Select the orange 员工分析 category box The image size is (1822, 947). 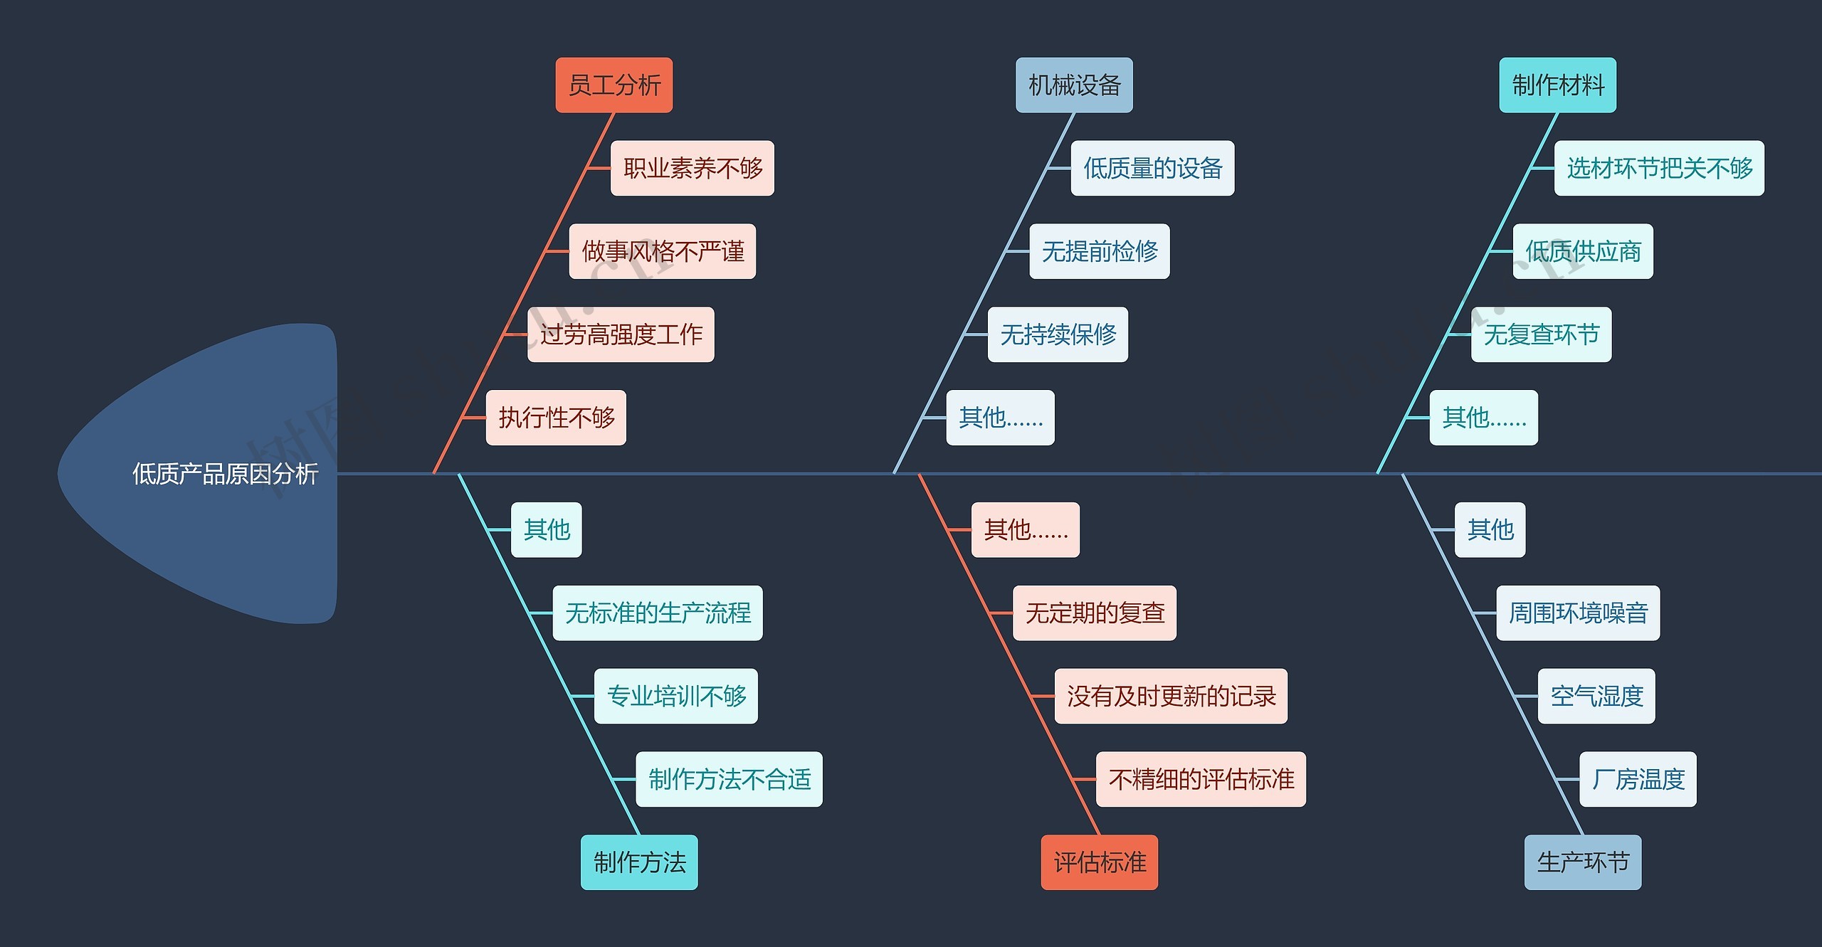pyautogui.click(x=614, y=85)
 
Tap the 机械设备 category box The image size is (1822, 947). pyautogui.click(x=1074, y=85)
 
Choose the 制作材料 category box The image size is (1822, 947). pyautogui.click(x=1557, y=85)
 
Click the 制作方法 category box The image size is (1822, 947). pyautogui.click(x=639, y=862)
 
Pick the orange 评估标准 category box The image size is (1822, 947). pyautogui.click(x=1099, y=862)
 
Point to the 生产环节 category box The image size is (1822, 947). pyautogui.click(x=1582, y=862)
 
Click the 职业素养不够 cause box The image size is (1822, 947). pyautogui.click(x=692, y=169)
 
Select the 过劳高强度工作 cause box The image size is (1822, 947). pyautogui.click(x=621, y=334)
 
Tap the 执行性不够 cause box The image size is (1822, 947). pyautogui.click(x=556, y=418)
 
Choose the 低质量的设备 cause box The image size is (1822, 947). pyautogui.click(x=1152, y=169)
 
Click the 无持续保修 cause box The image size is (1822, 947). pyautogui.click(x=1058, y=334)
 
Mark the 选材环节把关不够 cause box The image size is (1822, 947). pyautogui.click(x=1659, y=169)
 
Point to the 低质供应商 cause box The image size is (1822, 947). pyautogui.click(x=1583, y=251)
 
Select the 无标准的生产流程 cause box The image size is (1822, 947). pyautogui.click(x=658, y=613)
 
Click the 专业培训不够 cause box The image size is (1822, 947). pyautogui.click(x=675, y=696)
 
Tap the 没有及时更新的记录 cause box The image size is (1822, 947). pyautogui.click(x=1171, y=696)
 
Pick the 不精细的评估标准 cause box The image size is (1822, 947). pyautogui.click(x=1201, y=779)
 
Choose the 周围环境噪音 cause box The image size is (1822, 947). pyautogui.click(x=1578, y=613)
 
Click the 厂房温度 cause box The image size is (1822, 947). pyautogui.click(x=1638, y=779)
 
